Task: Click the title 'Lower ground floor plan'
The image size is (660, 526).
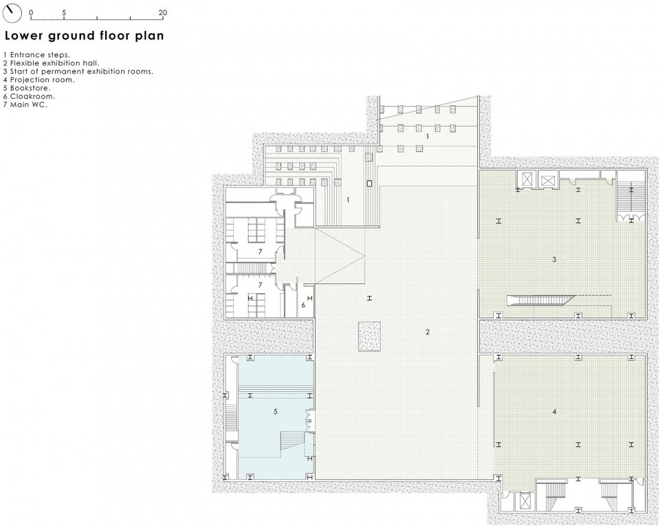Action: coord(84,36)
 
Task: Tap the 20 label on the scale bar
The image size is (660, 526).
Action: coord(163,12)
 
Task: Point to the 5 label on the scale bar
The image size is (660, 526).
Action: coord(64,12)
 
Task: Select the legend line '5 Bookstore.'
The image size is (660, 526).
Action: coord(27,88)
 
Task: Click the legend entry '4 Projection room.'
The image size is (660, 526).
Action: coord(38,80)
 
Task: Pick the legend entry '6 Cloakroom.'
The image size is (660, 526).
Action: coord(29,96)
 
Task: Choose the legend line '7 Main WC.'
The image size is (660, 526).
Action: coord(25,105)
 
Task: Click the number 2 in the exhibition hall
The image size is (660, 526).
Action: coord(428,332)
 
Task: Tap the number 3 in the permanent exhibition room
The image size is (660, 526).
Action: coord(554,260)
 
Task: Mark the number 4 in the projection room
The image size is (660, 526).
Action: coord(554,412)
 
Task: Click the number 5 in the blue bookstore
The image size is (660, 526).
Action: coord(276,411)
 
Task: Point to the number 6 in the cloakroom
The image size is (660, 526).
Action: coord(303,305)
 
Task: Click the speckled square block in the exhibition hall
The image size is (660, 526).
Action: coord(370,336)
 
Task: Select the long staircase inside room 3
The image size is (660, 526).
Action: coord(541,300)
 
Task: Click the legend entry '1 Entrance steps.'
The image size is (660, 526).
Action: coord(36,55)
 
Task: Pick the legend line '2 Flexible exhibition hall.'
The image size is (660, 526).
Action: coord(51,63)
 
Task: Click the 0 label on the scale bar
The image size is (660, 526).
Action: coord(31,12)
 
